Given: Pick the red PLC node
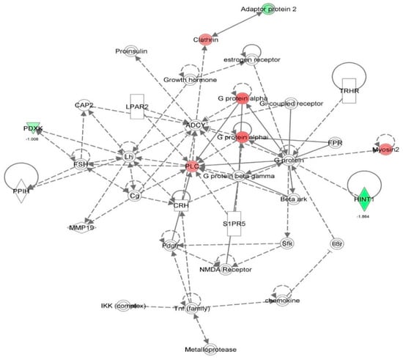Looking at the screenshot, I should coord(193,166).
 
